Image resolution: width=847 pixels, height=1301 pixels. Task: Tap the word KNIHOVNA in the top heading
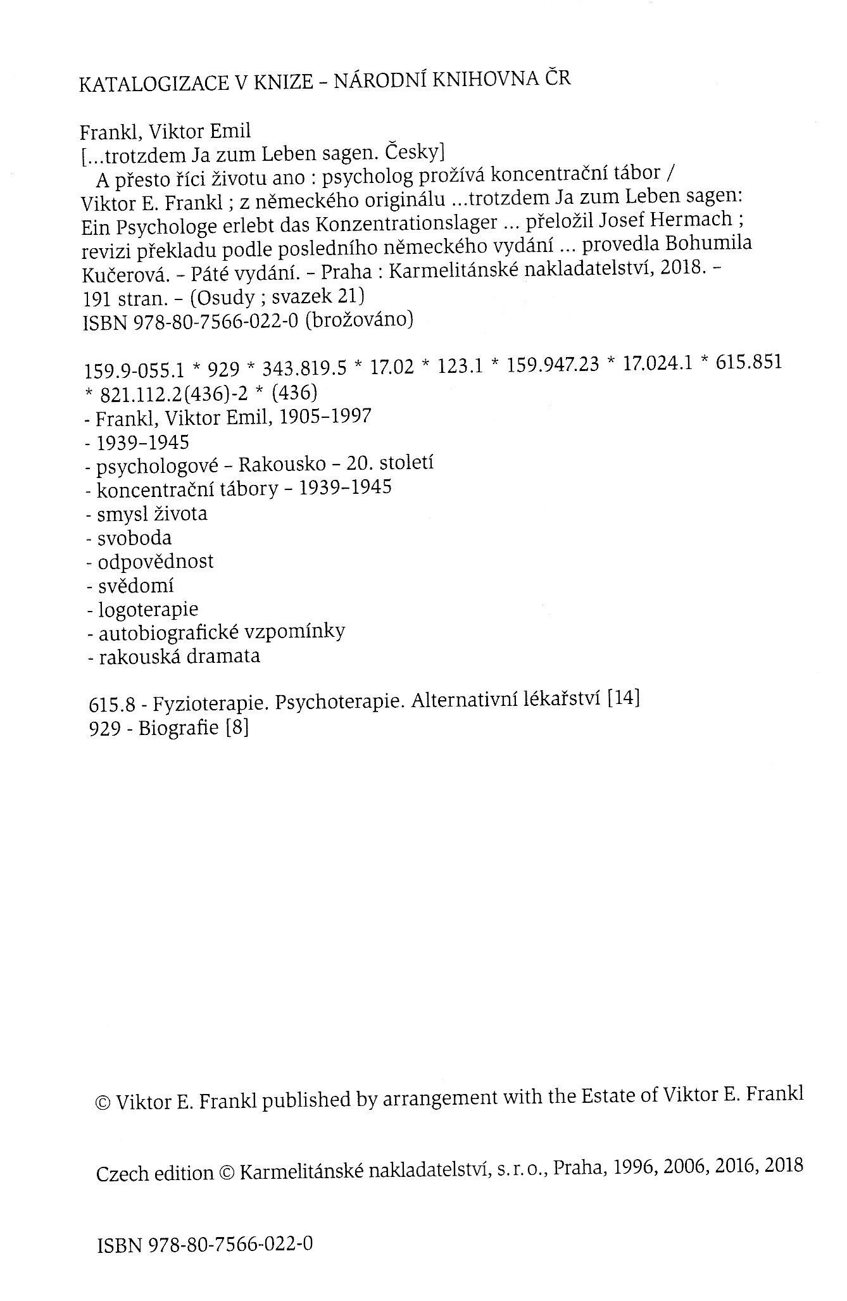[x=480, y=80]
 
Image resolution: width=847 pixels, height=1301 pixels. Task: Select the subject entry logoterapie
[x=148, y=609]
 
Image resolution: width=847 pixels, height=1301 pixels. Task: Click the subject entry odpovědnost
[x=156, y=562]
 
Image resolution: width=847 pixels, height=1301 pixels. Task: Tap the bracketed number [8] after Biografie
[x=237, y=728]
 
